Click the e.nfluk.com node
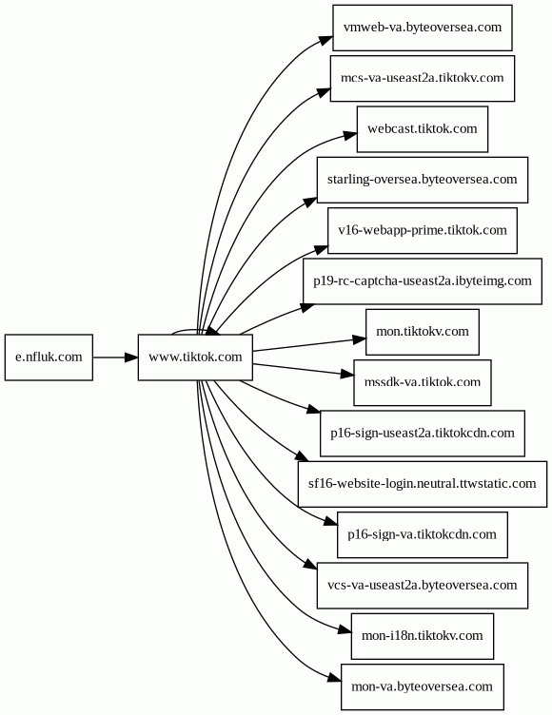49,357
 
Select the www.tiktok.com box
195,357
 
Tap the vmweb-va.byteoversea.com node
423,28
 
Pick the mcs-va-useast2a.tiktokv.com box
423,78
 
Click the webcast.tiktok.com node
423,129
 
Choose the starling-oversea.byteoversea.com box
423,180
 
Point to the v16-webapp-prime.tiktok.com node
423,230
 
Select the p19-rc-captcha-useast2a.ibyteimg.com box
423,281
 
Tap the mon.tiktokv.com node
423,332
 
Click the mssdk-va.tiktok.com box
423,382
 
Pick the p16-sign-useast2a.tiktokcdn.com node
423,434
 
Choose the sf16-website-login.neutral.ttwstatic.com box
423,484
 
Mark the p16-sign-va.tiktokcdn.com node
423,534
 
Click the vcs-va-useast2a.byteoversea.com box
423,585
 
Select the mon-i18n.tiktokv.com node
423,636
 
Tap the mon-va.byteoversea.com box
423,686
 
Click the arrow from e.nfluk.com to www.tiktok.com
115,357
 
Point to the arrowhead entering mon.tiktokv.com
360,339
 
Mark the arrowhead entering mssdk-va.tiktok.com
348,375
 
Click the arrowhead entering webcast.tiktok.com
350,136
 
